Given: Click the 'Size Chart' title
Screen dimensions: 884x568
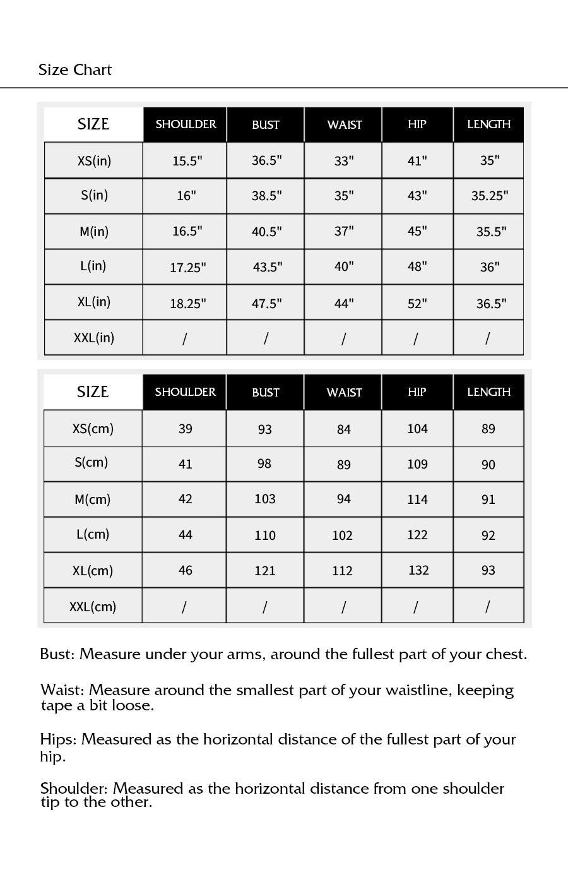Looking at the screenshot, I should pos(74,70).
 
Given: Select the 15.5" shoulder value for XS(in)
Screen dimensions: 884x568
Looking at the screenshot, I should pos(187,161).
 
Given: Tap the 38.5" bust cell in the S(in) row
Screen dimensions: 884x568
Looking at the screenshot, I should pos(266,196).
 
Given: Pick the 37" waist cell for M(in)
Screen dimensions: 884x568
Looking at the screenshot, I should pos(344,232).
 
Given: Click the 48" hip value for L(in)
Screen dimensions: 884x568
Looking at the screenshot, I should pos(417,267).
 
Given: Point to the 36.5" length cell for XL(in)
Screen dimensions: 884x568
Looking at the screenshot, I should pos(490,304).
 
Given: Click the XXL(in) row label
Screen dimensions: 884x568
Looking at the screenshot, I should pos(94,338).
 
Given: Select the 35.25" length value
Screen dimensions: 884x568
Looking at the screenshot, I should pos(489,196).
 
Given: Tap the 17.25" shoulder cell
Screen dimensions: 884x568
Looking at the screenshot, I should pos(187,268).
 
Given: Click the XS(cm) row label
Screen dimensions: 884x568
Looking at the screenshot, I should pos(93,429).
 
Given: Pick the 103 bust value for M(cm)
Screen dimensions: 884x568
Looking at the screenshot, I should pos(265,499).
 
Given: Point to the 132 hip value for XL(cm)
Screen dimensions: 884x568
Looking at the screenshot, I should pos(418,571).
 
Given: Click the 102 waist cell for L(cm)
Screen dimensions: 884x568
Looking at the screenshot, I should pos(342,535).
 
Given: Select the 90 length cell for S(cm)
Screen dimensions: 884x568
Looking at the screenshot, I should pos(488,465).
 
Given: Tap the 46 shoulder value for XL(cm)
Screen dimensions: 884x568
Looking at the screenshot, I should pos(185,571).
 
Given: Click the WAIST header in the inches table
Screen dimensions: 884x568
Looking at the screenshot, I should pos(344,125).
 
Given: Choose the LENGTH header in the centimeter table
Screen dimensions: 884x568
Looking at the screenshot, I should pos(488,392).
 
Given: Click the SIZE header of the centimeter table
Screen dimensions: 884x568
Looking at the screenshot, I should pos(93,392).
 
